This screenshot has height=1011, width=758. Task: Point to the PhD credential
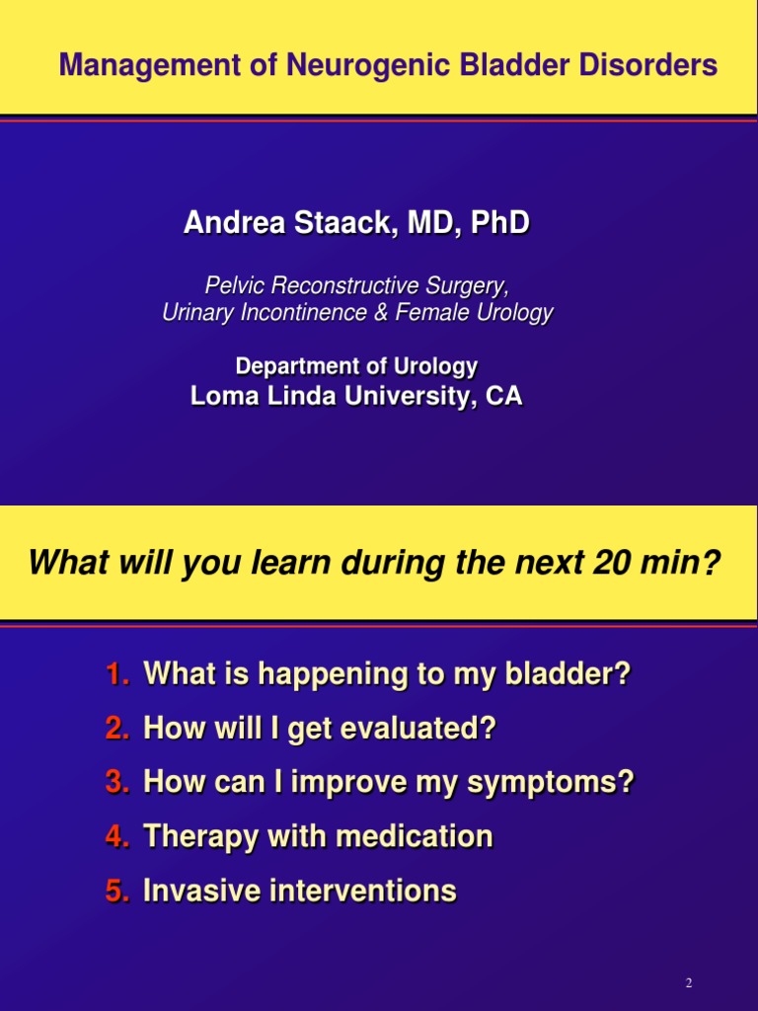(x=500, y=222)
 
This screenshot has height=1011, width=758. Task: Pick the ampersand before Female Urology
(x=381, y=312)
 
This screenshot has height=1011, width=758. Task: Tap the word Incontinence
(x=304, y=312)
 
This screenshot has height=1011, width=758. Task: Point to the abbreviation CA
(x=503, y=395)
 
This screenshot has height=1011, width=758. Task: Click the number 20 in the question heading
(x=611, y=562)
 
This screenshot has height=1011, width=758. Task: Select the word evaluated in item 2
(x=417, y=728)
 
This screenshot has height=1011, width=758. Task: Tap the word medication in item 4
(x=415, y=836)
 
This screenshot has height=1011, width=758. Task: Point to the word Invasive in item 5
(x=201, y=891)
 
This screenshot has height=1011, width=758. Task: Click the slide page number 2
(x=689, y=982)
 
